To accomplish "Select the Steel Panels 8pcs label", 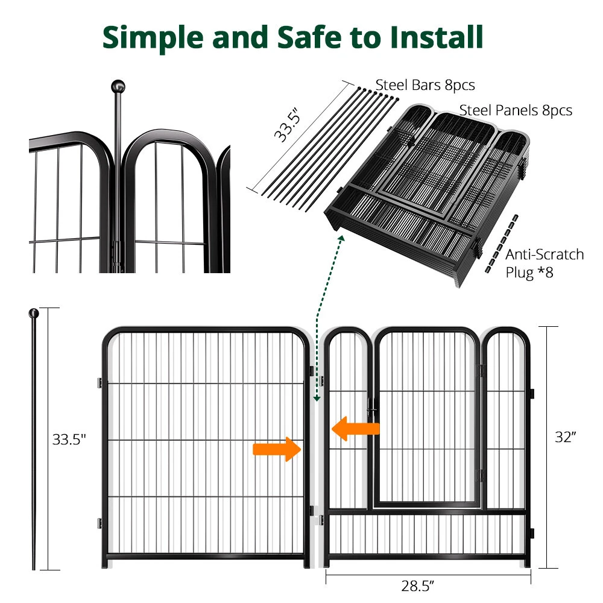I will [x=516, y=110].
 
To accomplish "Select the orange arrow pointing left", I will [x=355, y=428].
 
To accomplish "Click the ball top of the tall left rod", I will [x=34, y=314].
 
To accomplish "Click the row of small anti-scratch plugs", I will [x=499, y=243].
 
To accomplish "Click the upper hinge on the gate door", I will [x=481, y=369].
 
